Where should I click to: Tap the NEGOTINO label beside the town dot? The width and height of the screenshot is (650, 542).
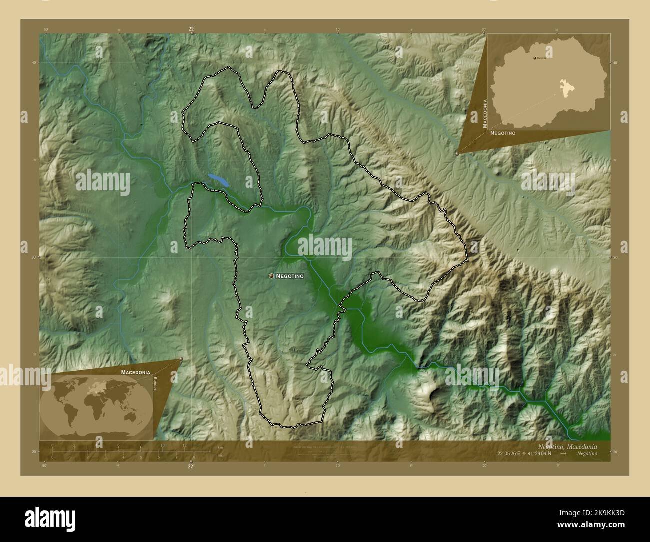[x=290, y=276]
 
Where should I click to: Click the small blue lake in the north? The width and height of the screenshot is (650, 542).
[x=218, y=180]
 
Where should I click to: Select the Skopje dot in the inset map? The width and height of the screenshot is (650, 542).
[x=535, y=59]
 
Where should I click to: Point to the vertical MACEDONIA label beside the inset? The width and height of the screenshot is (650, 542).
[x=485, y=113]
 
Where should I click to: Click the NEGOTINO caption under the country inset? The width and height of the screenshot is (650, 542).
[x=503, y=134]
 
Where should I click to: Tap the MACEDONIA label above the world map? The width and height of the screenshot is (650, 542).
[x=135, y=372]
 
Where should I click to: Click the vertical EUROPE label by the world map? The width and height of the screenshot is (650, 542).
[x=155, y=384]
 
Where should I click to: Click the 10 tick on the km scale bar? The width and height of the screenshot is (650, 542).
[x=162, y=445]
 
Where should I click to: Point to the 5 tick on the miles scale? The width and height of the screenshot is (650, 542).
[x=141, y=457]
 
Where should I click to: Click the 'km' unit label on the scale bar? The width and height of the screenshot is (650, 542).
[x=220, y=447]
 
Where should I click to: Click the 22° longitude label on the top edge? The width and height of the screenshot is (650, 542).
[x=191, y=29]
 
